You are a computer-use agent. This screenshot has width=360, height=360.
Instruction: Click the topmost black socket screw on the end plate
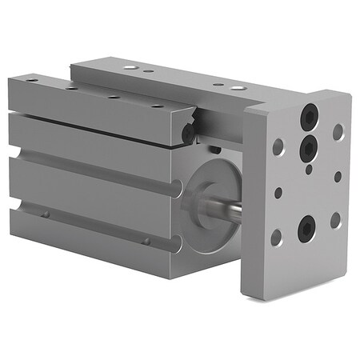[x=309, y=117]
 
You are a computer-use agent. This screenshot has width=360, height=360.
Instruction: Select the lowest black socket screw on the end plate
[x=307, y=227]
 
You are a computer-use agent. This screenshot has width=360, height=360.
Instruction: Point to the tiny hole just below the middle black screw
[x=309, y=169]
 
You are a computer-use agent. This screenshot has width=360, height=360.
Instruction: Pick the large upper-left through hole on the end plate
[x=278, y=147]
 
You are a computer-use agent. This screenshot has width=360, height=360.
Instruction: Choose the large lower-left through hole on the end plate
[x=276, y=237]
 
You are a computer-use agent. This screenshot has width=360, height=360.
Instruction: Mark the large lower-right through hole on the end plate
[x=335, y=219]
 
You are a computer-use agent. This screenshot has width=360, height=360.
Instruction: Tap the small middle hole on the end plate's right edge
[x=338, y=176]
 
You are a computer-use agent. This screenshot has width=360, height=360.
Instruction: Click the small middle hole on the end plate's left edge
[x=278, y=193]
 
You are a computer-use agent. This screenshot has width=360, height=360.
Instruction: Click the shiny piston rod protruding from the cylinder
[x=231, y=211]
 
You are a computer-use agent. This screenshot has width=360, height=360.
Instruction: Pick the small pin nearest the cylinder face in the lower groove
[x=146, y=240]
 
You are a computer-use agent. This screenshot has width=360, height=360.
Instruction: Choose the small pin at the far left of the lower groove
[x=46, y=214]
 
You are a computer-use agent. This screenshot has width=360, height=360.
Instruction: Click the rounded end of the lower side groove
[x=17, y=206]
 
